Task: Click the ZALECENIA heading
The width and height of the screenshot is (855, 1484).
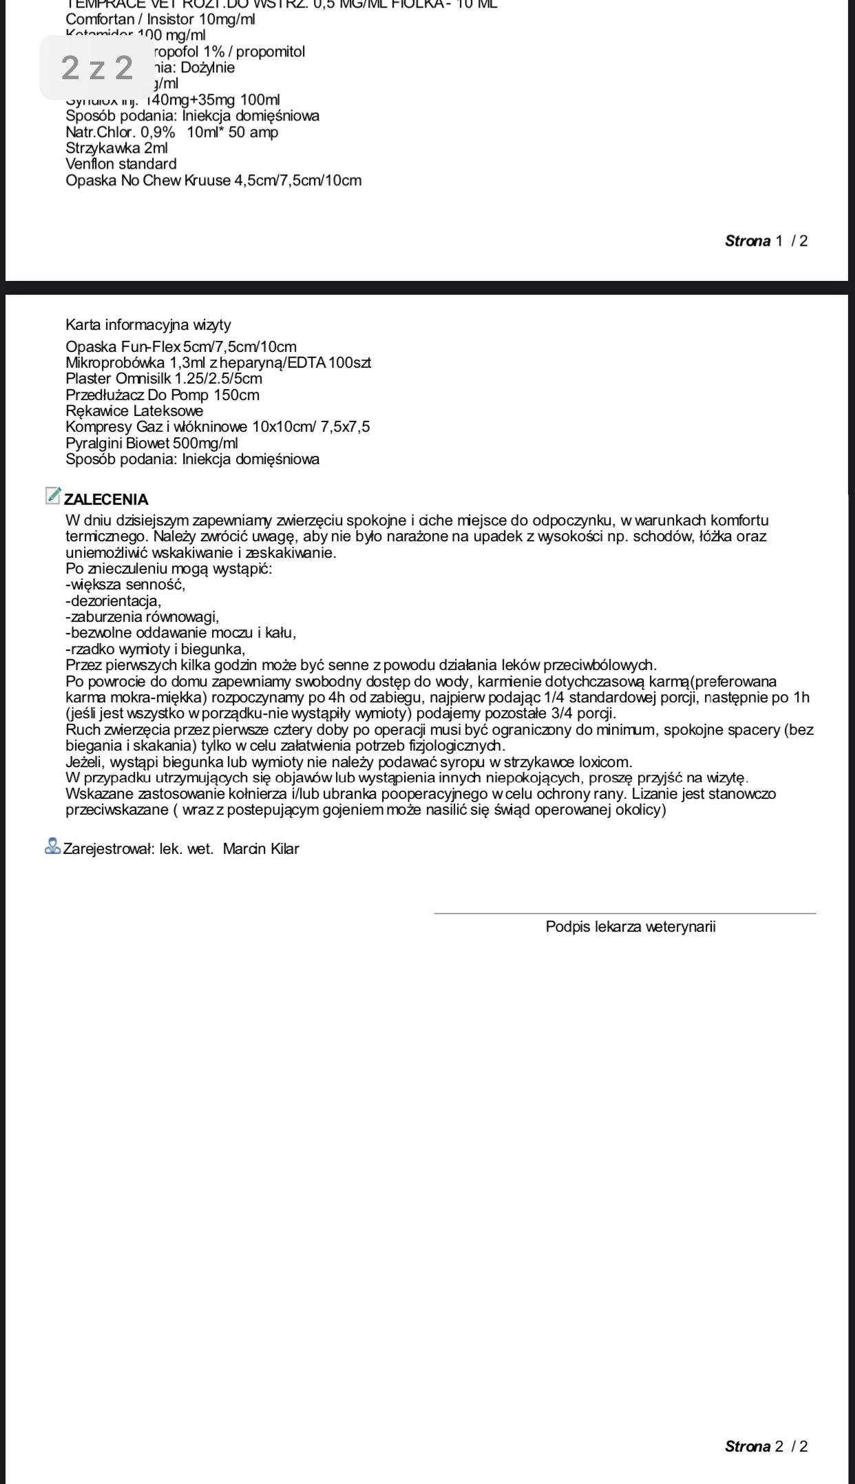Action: click(106, 499)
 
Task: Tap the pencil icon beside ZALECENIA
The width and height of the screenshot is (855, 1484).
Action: click(52, 495)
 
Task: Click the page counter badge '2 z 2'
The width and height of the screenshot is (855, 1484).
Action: click(96, 67)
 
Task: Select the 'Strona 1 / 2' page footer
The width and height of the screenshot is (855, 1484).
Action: click(766, 240)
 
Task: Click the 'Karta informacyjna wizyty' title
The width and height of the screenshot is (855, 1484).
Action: click(148, 324)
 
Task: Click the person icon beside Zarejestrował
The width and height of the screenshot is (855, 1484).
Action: click(52, 846)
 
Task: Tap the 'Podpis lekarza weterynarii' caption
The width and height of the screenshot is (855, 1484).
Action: click(631, 926)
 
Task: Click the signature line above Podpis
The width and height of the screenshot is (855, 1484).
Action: click(624, 913)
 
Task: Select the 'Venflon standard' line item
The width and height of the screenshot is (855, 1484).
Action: click(121, 164)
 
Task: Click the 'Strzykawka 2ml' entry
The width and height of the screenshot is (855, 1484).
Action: click(116, 148)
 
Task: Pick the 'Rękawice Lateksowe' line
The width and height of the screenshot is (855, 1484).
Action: click(134, 411)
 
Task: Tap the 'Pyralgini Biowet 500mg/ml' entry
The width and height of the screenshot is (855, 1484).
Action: click(151, 443)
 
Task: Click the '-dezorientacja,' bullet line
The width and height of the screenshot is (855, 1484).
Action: click(114, 600)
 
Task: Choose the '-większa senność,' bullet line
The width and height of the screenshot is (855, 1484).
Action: click(125, 585)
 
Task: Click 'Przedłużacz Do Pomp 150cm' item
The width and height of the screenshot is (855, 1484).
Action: click(162, 395)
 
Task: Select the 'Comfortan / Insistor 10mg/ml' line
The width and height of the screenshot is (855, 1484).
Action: click(160, 19)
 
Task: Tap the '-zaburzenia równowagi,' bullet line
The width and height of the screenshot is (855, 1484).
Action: click(142, 616)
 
